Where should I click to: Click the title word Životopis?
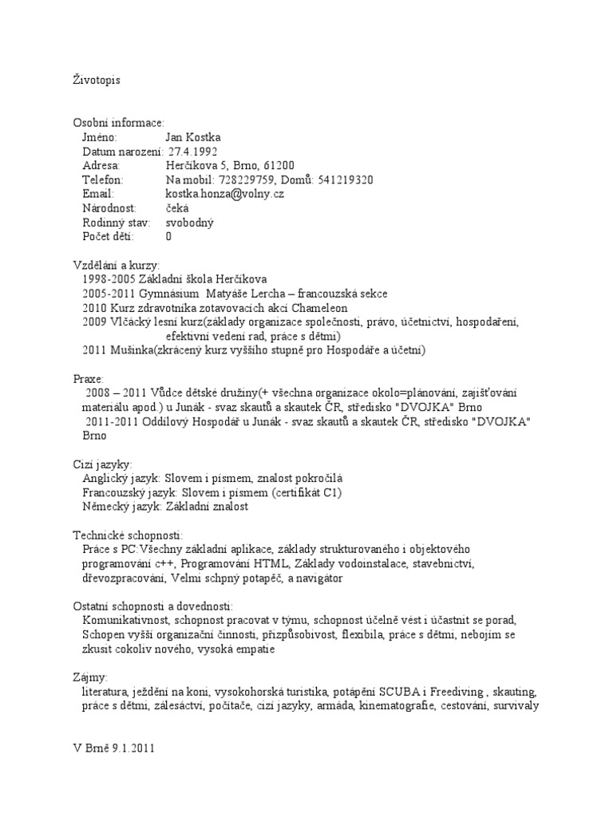(97, 80)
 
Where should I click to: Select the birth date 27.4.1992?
(192, 152)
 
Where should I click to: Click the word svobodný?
(190, 223)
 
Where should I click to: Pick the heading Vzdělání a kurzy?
(116, 265)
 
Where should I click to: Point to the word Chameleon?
(318, 308)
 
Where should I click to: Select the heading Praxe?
(88, 379)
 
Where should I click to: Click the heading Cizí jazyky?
(102, 464)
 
